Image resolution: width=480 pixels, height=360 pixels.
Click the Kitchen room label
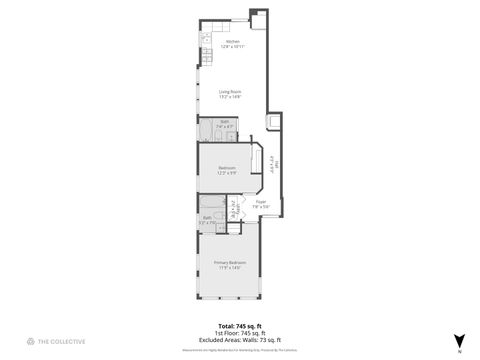pos(232,41)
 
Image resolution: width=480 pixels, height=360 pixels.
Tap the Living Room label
pos(232,92)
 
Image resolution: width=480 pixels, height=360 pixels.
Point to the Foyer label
pos(261,202)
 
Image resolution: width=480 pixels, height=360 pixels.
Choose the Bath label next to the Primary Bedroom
pos(207,217)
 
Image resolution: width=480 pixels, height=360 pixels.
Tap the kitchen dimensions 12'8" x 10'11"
pos(232,46)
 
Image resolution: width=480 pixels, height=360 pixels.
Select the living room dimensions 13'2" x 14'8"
pos(232,97)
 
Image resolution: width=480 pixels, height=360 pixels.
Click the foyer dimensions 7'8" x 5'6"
pos(261,207)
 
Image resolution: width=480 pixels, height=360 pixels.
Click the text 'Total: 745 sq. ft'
pos(240,326)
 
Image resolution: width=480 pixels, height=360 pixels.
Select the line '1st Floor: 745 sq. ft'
pos(240,332)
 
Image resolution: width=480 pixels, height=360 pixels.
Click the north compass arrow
pos(458,341)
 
